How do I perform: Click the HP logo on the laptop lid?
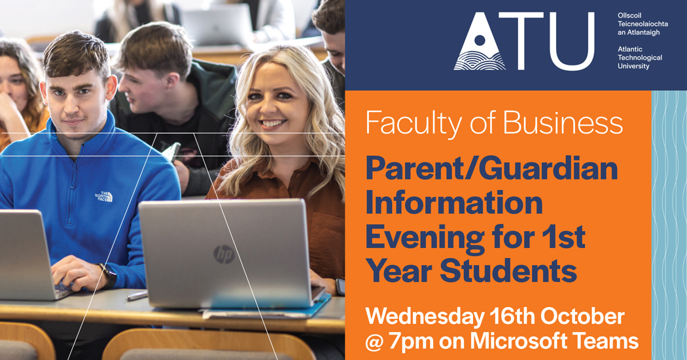(x=224, y=255)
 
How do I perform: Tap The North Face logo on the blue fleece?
(x=104, y=196)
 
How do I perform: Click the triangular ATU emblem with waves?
(x=480, y=42)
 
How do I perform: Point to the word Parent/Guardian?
(x=491, y=169)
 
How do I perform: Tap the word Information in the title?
(x=454, y=203)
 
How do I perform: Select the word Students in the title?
(x=508, y=271)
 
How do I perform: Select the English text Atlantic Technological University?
(x=640, y=58)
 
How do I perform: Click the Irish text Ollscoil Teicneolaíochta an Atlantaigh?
(x=643, y=24)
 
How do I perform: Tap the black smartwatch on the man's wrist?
(x=107, y=275)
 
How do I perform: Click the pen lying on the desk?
(x=137, y=296)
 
